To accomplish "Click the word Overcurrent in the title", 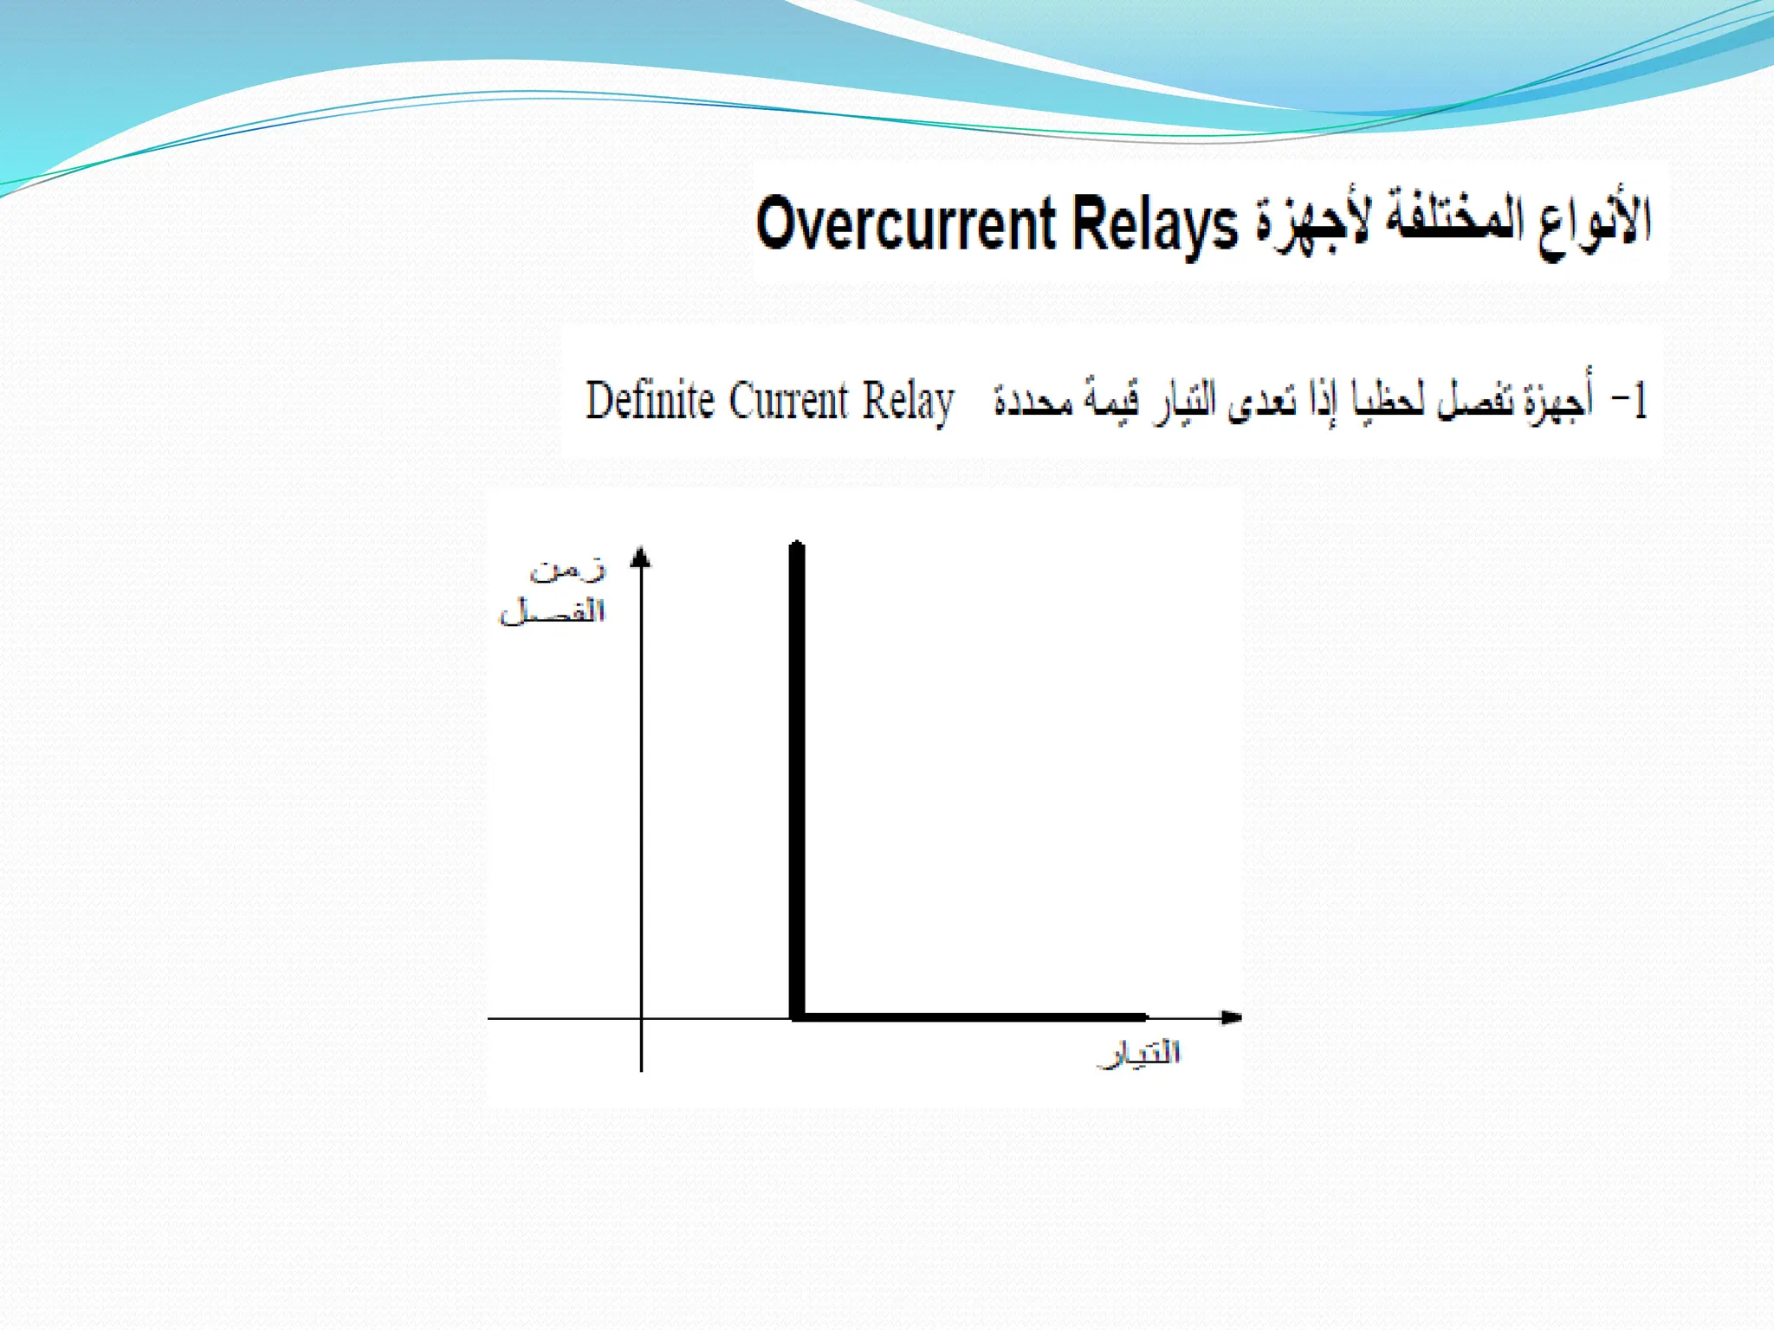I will click(905, 224).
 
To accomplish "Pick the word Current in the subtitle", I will click(788, 401).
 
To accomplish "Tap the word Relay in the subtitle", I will click(908, 403).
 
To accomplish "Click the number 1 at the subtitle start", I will click(1638, 402).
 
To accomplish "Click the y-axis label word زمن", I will click(568, 570).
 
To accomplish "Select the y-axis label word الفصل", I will click(553, 611).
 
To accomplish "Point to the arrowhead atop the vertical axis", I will click(641, 558).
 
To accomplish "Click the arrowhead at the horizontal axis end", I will click(1231, 1017).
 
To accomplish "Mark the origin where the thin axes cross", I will click(641, 1018).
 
